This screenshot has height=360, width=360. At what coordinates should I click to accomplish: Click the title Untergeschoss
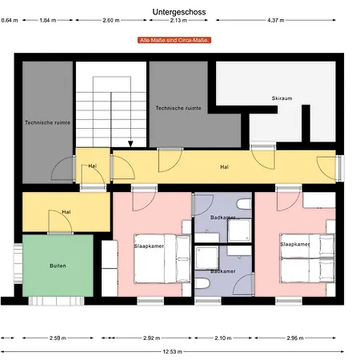pyautogui.click(x=179, y=12)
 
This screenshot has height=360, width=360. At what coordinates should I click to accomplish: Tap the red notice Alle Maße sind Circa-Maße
pyautogui.click(x=174, y=40)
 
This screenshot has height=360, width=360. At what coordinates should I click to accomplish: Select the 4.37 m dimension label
pyautogui.click(x=276, y=20)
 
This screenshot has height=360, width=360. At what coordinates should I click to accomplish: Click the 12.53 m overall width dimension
pyautogui.click(x=173, y=352)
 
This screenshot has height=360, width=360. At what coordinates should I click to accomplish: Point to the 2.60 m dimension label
pyautogui.click(x=111, y=20)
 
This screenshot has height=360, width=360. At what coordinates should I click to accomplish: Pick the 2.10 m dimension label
pyautogui.click(x=223, y=338)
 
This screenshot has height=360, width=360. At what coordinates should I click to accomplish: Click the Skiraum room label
pyautogui.click(x=282, y=98)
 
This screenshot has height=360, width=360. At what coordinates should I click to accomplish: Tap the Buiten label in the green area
pyautogui.click(x=58, y=266)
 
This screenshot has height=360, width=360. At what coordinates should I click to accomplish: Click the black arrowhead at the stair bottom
pyautogui.click(x=130, y=144)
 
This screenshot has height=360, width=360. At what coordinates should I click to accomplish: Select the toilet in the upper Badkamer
pyautogui.click(x=244, y=204)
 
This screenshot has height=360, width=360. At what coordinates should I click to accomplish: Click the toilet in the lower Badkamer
pyautogui.click(x=202, y=283)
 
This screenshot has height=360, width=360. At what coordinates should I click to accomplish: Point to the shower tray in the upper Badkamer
pyautogui.click(x=239, y=230)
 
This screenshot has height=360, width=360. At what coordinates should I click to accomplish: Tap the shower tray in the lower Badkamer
pyautogui.click(x=206, y=258)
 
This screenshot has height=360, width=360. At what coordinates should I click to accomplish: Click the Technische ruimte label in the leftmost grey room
pyautogui.click(x=47, y=122)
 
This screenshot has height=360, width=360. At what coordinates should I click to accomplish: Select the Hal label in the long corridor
pyautogui.click(x=224, y=167)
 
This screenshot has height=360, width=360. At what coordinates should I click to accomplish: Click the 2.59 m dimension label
pyautogui.click(x=58, y=338)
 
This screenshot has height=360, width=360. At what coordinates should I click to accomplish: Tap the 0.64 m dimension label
pyautogui.click(x=10, y=20)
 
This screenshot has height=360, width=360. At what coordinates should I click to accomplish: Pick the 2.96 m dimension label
pyautogui.click(x=295, y=338)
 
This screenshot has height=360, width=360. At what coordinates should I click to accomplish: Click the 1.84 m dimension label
pyautogui.click(x=48, y=20)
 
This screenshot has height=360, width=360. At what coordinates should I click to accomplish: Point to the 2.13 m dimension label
pyautogui.click(x=178, y=20)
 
